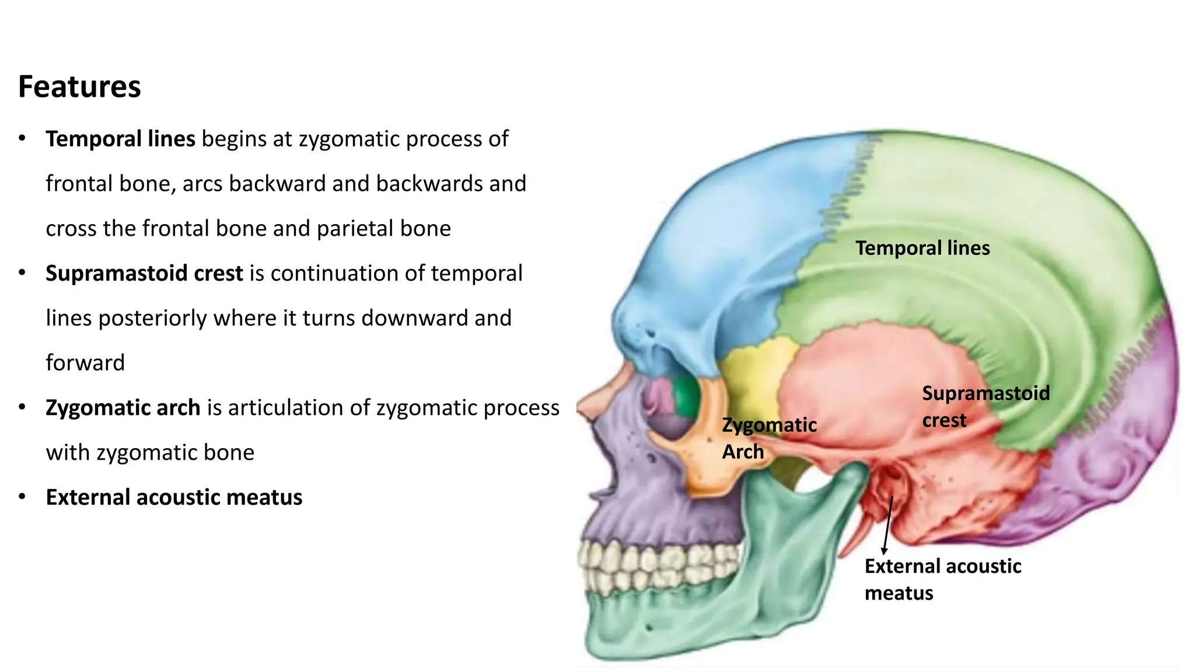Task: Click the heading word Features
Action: (79, 87)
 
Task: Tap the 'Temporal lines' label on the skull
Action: (923, 248)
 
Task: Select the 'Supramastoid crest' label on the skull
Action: (986, 406)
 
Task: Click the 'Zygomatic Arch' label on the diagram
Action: (768, 438)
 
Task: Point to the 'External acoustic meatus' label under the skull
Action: (942, 579)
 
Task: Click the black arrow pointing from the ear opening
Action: (887, 525)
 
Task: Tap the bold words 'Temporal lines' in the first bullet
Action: (120, 139)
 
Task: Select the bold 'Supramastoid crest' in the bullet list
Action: (144, 274)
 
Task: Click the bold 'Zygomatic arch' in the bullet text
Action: (123, 408)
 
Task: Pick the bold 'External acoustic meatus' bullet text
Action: (174, 498)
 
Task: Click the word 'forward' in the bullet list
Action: (85, 363)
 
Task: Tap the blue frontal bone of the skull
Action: (729, 233)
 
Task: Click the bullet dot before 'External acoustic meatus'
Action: (22, 497)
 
